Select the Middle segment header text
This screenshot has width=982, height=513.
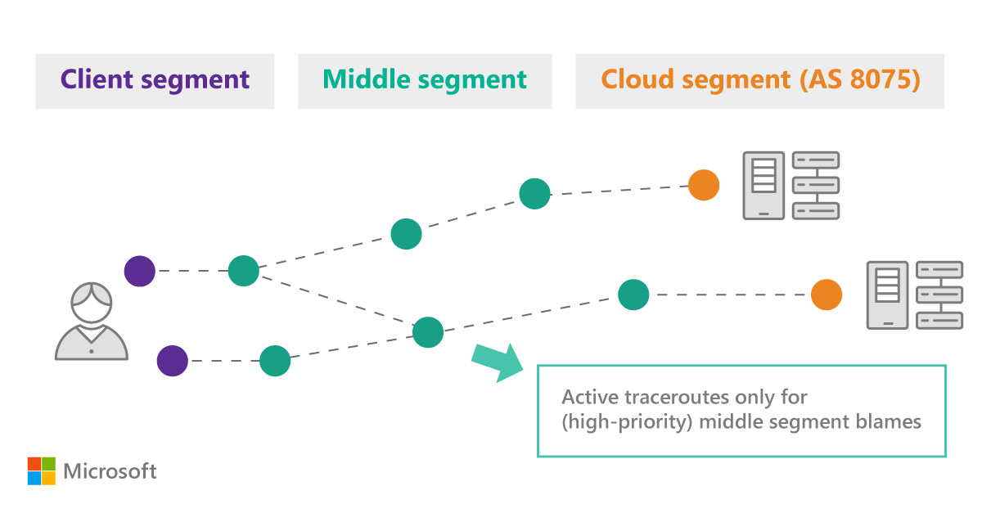pos(424,79)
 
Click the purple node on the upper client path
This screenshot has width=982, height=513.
pos(140,271)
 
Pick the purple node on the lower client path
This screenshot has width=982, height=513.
pos(172,360)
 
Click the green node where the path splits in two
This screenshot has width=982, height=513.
pos(243,271)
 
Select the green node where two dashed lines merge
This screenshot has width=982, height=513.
pos(428,332)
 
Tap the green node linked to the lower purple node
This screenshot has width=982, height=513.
pos(275,360)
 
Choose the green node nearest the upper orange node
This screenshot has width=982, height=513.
pos(534,194)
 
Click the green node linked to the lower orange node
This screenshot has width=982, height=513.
pos(633,295)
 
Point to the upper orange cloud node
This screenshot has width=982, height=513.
pos(703,185)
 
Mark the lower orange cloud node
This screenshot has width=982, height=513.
pos(827,295)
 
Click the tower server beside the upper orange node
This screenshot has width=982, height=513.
pos(763,186)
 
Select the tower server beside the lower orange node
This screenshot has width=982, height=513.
pos(887,295)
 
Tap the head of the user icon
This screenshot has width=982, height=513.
pos(91,303)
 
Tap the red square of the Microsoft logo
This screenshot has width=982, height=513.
pos(34,463)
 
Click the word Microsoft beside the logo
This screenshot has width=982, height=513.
pos(110,471)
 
